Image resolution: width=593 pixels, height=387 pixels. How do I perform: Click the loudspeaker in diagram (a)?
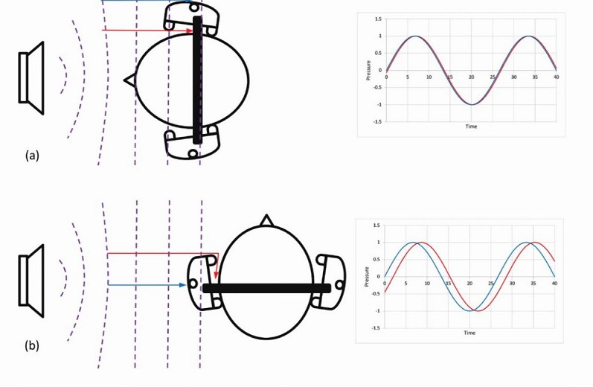pyautogui.click(x=32, y=77)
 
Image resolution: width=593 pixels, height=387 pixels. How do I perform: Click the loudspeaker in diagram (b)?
pyautogui.click(x=32, y=281)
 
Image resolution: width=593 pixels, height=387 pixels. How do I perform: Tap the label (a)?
pyautogui.click(x=32, y=155)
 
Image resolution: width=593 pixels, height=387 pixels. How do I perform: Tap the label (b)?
pyautogui.click(x=32, y=345)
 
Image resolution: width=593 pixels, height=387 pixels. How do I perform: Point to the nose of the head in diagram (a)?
pyautogui.click(x=129, y=80)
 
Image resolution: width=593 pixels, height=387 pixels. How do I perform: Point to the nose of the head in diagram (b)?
pyautogui.click(x=266, y=220)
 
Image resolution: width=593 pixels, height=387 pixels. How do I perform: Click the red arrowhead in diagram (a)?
pyautogui.click(x=189, y=31)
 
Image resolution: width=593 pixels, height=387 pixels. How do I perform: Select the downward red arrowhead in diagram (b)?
pyautogui.click(x=216, y=275)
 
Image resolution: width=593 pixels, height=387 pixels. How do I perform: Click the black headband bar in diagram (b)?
pyautogui.click(x=266, y=288)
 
